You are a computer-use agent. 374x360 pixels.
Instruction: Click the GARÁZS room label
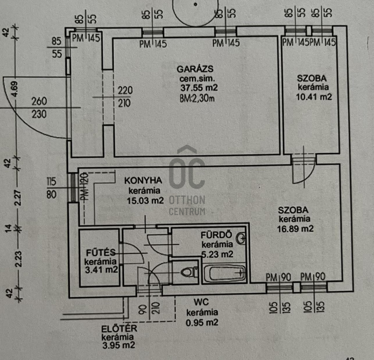(195, 69)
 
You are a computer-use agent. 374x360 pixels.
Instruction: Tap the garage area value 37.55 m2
(199, 88)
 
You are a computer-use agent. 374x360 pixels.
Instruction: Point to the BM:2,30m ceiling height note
(197, 98)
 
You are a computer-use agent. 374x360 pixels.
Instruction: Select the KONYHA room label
(143, 180)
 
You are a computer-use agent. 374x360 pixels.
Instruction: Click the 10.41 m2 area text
(314, 97)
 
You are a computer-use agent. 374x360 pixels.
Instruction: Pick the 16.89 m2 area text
(295, 229)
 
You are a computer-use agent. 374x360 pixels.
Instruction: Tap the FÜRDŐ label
(216, 235)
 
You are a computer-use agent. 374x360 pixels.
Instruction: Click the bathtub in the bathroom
(225, 274)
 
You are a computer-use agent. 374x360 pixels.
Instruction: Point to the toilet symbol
(190, 272)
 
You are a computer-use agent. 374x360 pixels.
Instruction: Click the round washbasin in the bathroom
(241, 238)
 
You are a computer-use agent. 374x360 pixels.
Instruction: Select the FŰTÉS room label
(101, 252)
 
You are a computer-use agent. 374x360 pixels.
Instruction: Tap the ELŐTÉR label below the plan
(119, 329)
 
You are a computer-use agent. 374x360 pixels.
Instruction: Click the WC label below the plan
(201, 302)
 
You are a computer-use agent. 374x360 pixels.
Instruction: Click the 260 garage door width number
(39, 101)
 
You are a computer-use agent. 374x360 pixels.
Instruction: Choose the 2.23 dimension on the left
(18, 259)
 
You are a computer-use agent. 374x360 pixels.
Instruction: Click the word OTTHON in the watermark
(187, 200)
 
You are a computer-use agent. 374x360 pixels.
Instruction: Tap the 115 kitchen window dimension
(51, 181)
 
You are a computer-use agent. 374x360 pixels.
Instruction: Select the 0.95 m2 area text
(202, 323)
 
